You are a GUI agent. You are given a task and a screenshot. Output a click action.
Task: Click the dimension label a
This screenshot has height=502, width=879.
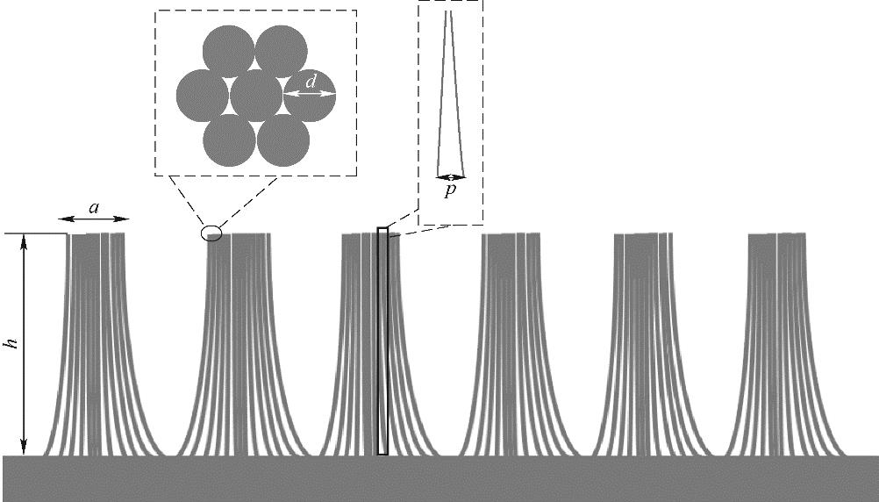tap(94, 208)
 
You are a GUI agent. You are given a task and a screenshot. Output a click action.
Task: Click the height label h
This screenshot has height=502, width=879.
tap(12, 343)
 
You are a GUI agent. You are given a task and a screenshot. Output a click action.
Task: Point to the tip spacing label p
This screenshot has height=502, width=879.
tap(450, 191)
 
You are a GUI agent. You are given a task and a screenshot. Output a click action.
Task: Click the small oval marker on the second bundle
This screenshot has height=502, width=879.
tap(211, 233)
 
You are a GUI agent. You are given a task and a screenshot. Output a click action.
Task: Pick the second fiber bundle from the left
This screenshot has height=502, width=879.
tap(235, 342)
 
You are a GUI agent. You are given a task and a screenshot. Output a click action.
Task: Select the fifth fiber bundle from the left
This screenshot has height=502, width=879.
tap(642, 342)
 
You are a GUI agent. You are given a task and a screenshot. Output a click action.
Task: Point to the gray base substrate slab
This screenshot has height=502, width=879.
tap(439, 478)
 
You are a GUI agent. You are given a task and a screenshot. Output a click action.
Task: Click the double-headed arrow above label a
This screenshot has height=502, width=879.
tap(94, 219)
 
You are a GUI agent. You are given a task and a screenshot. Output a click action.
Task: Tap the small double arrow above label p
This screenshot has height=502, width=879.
tap(450, 176)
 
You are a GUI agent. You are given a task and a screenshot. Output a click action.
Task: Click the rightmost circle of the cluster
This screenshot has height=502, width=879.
tap(309, 95)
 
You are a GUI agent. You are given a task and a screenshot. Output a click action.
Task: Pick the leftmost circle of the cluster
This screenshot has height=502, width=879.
tap(203, 95)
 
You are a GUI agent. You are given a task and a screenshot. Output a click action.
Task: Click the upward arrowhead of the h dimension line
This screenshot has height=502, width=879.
tap(25, 240)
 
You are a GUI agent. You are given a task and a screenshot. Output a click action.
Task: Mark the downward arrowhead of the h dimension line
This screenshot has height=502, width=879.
tap(25, 448)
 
